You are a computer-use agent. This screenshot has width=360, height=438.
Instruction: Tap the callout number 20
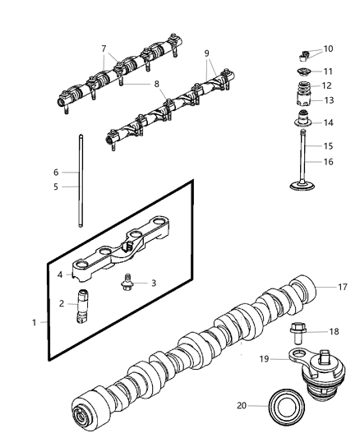(x=241, y=404)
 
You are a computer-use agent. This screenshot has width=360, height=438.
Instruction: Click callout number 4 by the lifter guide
(x=59, y=274)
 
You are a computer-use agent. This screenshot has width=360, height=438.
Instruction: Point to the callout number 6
(x=56, y=173)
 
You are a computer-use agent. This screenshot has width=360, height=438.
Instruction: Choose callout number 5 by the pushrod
(x=56, y=187)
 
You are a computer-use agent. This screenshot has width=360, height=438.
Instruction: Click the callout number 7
(x=104, y=48)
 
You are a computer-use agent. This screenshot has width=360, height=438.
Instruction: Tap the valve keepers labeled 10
(x=303, y=57)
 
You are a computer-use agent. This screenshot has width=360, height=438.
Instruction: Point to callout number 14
(x=329, y=122)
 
